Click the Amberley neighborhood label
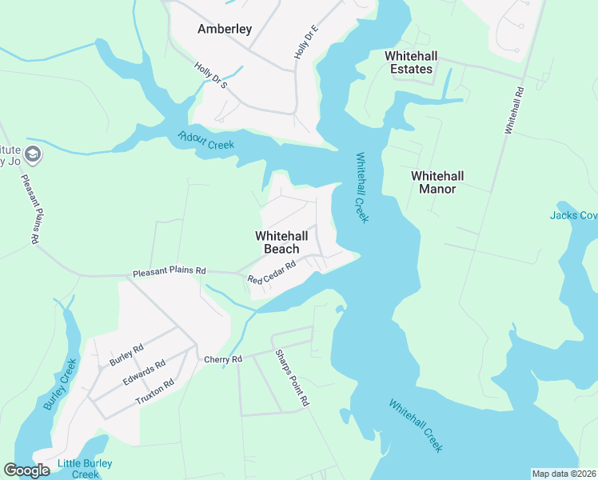[225, 30]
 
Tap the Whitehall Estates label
[409, 62]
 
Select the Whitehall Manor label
[437, 182]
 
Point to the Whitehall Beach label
[281, 242]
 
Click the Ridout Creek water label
[206, 140]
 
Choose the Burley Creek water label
[60, 384]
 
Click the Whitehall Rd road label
[513, 109]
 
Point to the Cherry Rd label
[223, 360]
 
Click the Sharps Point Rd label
[291, 378]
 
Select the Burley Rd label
[127, 354]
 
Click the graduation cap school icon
[34, 154]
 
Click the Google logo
[26, 470]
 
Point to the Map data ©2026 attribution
[564, 474]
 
